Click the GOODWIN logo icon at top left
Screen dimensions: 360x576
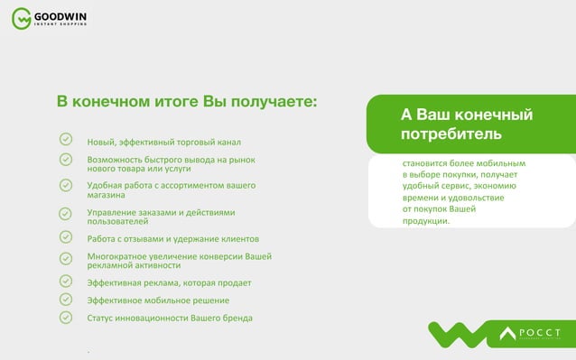click(x=20, y=17)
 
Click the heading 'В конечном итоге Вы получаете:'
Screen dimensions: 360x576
click(x=187, y=101)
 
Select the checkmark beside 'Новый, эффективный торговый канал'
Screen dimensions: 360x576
click(x=66, y=140)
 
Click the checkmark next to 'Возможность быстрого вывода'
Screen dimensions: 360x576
click(x=66, y=159)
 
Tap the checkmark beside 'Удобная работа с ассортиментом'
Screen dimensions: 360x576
click(x=66, y=185)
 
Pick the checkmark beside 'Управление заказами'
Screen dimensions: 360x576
click(x=66, y=214)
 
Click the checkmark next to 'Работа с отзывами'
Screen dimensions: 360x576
click(x=66, y=237)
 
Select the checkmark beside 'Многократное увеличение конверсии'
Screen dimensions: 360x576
click(x=66, y=258)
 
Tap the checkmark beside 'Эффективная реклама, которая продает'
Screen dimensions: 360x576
click(x=66, y=282)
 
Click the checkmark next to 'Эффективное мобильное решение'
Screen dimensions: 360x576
click(x=66, y=299)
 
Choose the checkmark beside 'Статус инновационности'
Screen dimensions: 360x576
click(x=66, y=317)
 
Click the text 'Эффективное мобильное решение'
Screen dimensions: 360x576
click(x=157, y=300)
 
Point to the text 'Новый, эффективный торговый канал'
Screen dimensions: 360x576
click(x=163, y=143)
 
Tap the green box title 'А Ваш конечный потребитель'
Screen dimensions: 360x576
click(x=467, y=125)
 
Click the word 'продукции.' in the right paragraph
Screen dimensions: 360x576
click(x=425, y=221)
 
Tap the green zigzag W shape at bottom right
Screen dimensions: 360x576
click(x=460, y=334)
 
